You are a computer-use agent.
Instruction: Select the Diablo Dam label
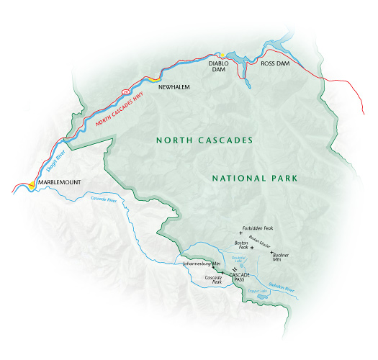218,67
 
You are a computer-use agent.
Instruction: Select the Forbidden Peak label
259,228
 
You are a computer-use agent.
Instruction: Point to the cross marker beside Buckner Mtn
271,253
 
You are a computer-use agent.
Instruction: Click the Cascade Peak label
213,280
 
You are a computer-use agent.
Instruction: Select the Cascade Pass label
240,277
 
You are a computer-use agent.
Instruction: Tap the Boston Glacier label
260,240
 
